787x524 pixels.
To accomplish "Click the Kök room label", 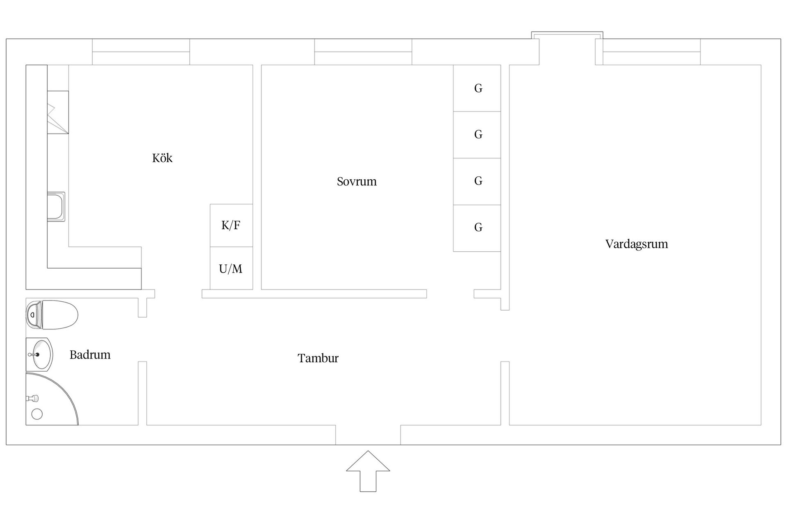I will (x=162, y=158).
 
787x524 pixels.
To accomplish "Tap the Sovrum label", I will (x=357, y=181).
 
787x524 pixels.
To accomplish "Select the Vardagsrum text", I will (x=636, y=244).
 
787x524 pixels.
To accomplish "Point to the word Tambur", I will (x=318, y=358).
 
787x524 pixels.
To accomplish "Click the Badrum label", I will (x=90, y=355).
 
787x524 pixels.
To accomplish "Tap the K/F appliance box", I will (x=231, y=225).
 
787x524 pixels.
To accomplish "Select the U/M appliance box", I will (x=231, y=269).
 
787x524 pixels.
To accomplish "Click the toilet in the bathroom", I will (x=52, y=315).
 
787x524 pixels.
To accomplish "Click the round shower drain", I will (x=37, y=414).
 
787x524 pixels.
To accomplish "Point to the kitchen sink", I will (x=56, y=207).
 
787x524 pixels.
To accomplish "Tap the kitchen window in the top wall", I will (x=141, y=52).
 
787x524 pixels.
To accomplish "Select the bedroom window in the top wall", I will (x=363, y=52).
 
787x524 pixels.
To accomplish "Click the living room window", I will (x=651, y=52).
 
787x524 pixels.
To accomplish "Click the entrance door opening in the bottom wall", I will (x=368, y=435).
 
